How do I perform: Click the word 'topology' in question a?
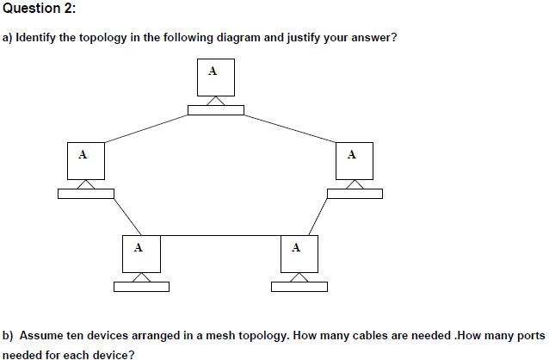138,38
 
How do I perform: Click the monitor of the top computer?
214,78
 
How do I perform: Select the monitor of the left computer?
84,160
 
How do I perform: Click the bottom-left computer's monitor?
140,253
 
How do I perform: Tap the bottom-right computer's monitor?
299,253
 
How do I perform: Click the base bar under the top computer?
215,109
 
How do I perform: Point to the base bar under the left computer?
85,193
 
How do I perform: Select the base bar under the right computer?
355,193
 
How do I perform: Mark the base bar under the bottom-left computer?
141,287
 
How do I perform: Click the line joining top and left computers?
146,126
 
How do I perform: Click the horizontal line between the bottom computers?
219,234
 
